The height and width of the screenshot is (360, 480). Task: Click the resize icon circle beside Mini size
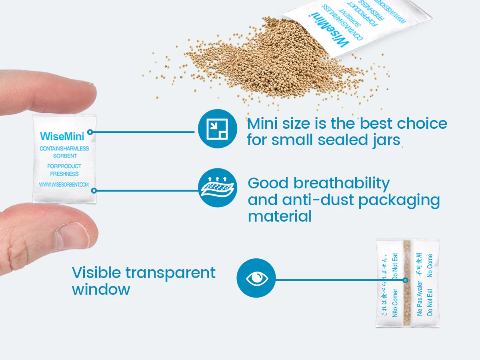pyautogui.click(x=218, y=129)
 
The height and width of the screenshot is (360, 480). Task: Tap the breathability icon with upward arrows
pyautogui.click(x=218, y=188)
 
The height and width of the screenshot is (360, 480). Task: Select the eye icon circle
pyautogui.click(x=256, y=278)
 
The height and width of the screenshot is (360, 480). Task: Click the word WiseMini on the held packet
pyautogui.click(x=62, y=136)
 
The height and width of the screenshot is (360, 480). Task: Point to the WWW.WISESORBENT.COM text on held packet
pyautogui.click(x=64, y=185)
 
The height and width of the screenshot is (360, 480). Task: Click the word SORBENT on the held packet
pyautogui.click(x=65, y=156)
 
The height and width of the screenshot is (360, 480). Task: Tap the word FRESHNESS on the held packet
pyautogui.click(x=64, y=174)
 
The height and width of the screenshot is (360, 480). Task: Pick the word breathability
pyautogui.click(x=342, y=183)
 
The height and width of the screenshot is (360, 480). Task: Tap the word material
pyautogui.click(x=280, y=216)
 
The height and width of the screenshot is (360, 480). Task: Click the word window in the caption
pyautogui.click(x=101, y=289)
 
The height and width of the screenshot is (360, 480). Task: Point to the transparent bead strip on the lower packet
pyautogui.click(x=407, y=284)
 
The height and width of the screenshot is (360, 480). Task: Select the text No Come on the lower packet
pyautogui.click(x=430, y=265)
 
